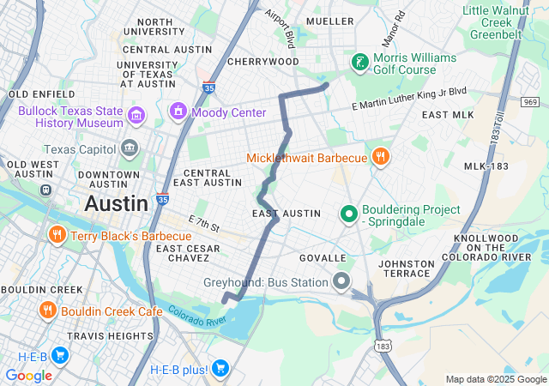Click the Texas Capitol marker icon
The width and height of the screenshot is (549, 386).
click(130, 148)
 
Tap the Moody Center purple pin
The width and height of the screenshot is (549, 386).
click(178, 111)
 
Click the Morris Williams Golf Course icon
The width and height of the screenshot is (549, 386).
click(359, 62)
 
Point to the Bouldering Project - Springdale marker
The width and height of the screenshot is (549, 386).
click(348, 214)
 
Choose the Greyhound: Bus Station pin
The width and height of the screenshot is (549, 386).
click(342, 281)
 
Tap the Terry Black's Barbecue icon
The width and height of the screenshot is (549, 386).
click(57, 235)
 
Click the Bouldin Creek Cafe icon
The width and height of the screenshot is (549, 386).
click(46, 310)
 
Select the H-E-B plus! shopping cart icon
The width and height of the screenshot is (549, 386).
click(220, 369)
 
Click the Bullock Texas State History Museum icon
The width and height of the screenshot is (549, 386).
click(136, 115)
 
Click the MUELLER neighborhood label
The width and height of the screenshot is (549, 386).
click(329, 21)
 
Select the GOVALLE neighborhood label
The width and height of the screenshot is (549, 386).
click(322, 257)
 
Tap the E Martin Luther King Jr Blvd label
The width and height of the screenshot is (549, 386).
click(409, 92)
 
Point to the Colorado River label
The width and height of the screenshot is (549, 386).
click(196, 316)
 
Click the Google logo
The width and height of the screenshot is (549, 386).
click(28, 375)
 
